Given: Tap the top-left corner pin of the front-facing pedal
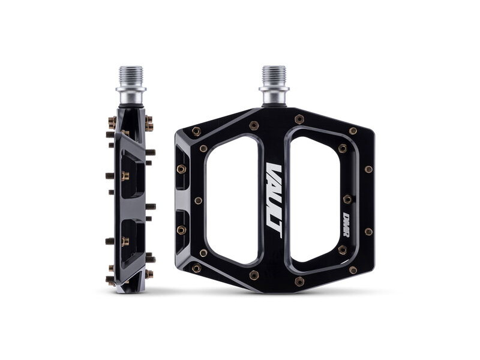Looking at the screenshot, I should click(196, 131).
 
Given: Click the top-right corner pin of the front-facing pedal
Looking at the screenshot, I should click(353, 131).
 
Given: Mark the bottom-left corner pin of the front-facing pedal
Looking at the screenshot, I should click(196, 269).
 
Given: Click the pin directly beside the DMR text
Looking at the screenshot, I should click(347, 199).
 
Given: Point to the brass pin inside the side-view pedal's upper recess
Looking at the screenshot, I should click(125, 176).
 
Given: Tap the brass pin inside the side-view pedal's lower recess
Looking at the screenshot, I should click(125, 241).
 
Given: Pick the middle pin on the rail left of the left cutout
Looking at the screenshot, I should click(199, 200).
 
